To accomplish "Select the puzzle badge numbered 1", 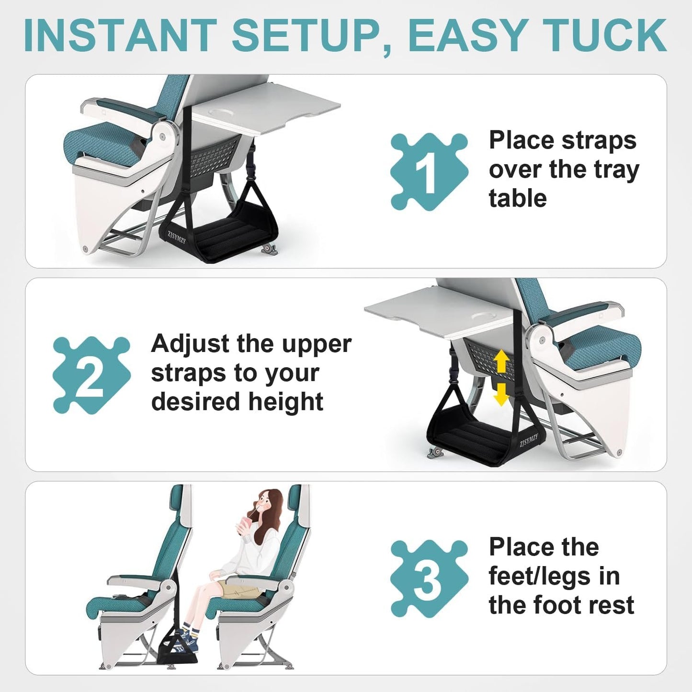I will pos(429,171).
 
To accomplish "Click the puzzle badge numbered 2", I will pos(91,375).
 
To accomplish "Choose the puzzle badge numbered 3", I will pos(429,579).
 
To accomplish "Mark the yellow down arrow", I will pos(501,394).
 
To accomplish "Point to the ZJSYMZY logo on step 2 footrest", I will pos(528,440).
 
